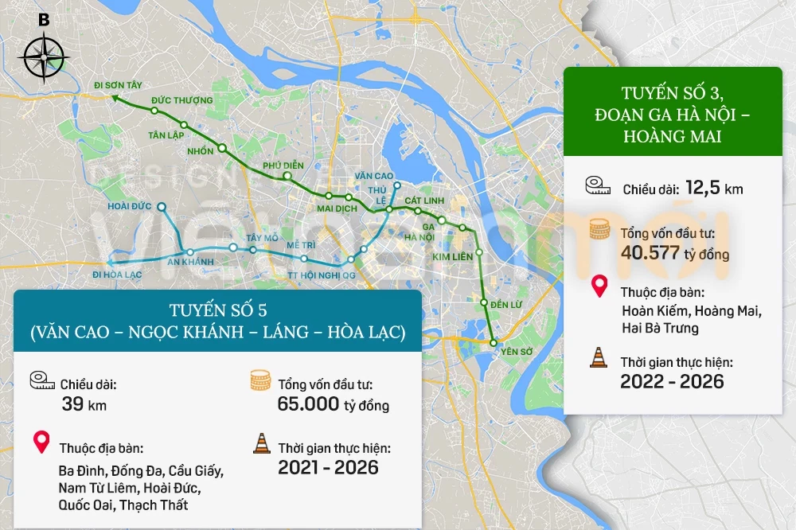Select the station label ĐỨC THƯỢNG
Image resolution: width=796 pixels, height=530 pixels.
pos(181,100)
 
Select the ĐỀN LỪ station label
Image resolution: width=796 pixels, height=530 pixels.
pos(506,305)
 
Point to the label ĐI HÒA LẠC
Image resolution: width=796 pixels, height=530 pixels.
pos(117,275)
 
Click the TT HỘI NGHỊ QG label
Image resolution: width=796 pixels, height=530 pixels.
pos(322,275)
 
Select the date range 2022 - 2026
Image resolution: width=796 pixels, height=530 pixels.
pos(672,382)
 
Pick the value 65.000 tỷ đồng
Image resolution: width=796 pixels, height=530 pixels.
pos(333,404)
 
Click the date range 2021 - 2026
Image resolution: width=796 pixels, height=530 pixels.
pos(328,467)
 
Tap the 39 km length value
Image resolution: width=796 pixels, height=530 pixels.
pos(84,404)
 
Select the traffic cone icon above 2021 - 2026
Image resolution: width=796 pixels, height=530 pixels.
pos(261,444)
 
